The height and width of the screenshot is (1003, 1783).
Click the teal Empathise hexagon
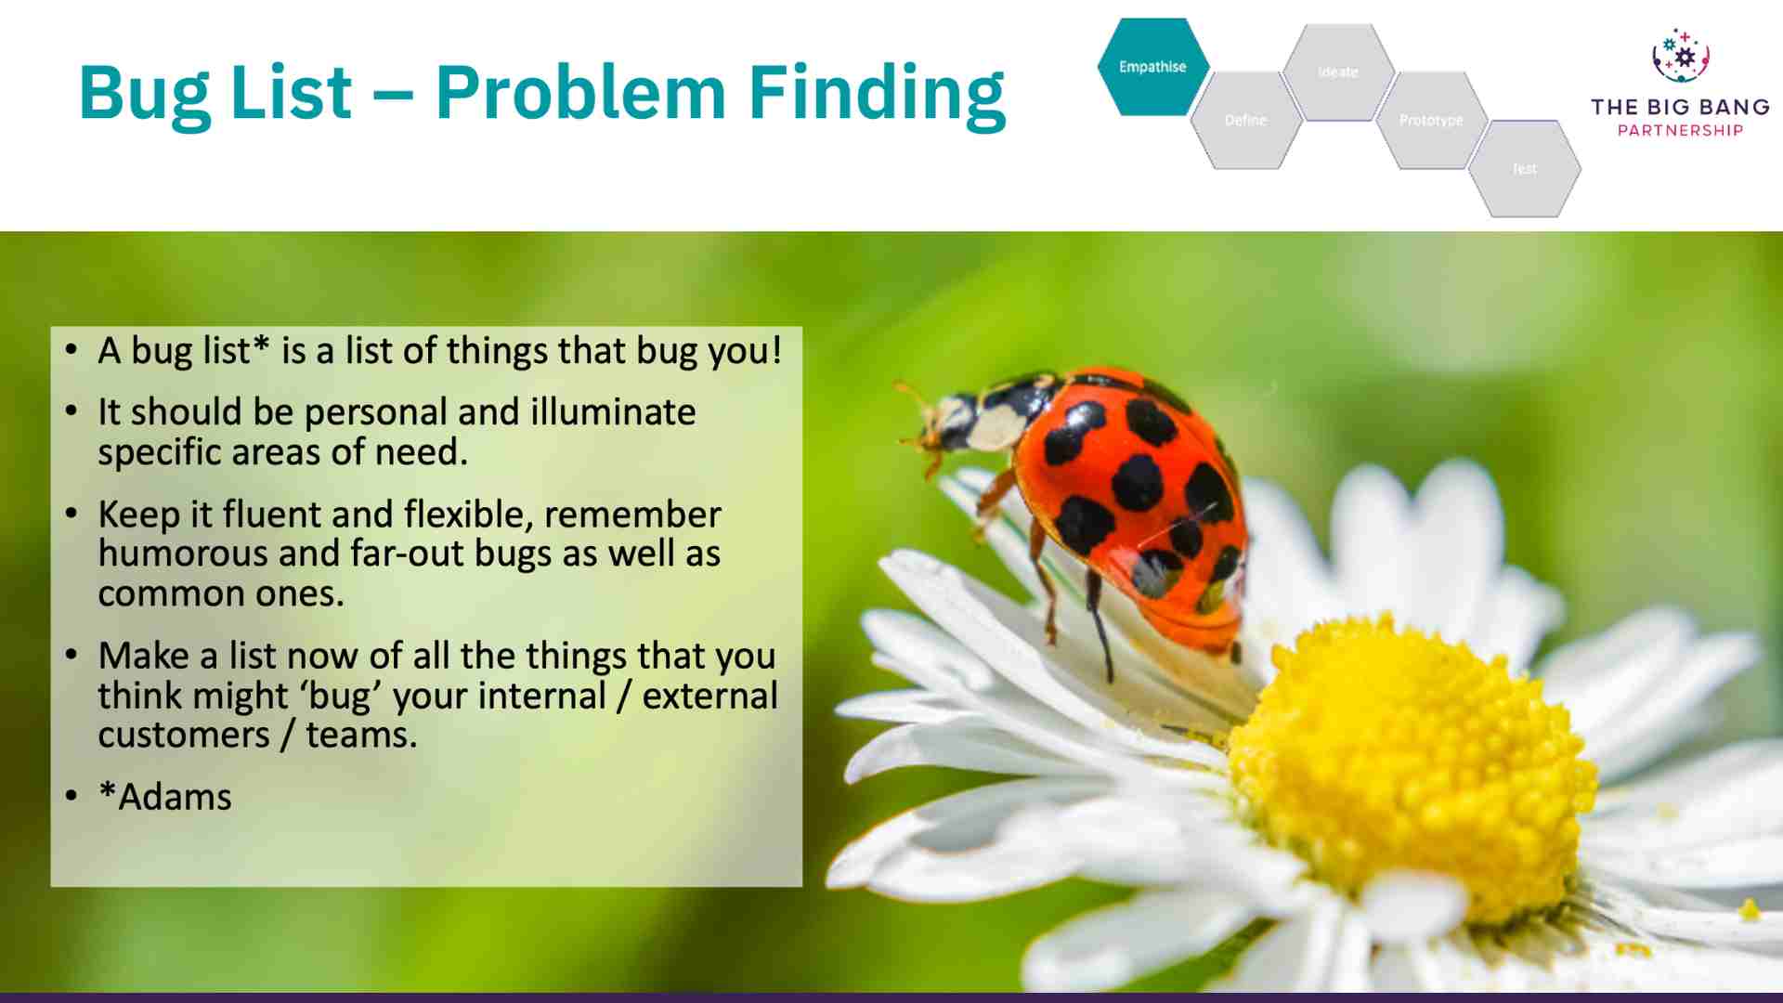point(1152,67)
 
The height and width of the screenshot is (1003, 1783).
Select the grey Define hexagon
point(1245,121)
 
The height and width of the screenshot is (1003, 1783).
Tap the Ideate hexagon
point(1338,72)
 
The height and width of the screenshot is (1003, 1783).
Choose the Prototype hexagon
point(1431,121)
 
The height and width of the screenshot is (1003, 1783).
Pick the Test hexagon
point(1524,169)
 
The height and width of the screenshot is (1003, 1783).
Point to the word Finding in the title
point(877,93)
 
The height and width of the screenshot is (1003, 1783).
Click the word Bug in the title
point(144,93)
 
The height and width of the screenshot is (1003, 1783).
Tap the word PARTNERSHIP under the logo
point(1680,131)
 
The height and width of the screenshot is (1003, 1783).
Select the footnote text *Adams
point(165,797)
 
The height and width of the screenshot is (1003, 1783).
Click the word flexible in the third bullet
point(468,515)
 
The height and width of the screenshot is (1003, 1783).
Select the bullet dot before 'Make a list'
point(72,656)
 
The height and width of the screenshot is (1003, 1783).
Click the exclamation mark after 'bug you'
point(776,351)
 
